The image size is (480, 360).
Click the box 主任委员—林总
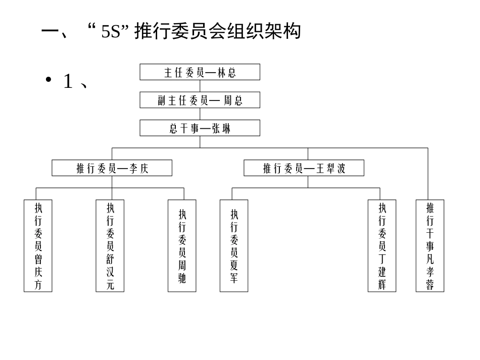coord(200,72)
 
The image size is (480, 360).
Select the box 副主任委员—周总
coord(200,100)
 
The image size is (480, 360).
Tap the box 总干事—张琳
coord(200,128)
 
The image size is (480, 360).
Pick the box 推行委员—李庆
coord(112,168)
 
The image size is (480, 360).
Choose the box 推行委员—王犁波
coord(304,168)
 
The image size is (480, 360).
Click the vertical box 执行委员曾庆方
coord(38,246)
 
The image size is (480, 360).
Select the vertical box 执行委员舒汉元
coord(110,246)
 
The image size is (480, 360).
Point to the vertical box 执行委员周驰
coord(182,246)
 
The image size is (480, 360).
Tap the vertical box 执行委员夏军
coord(234,246)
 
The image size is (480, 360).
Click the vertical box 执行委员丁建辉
coord(382,246)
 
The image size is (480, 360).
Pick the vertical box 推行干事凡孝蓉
coord(430,246)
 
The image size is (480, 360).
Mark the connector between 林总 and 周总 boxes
coord(200,86)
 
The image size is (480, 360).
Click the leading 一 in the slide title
coord(51,31)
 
